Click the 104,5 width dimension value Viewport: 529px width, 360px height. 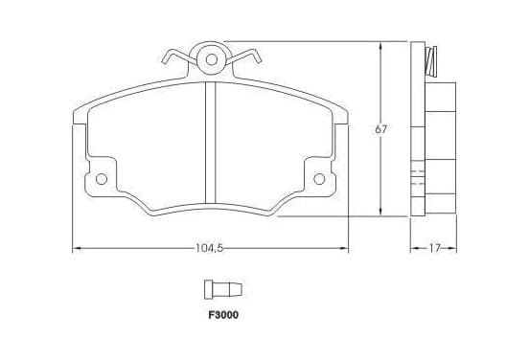[x=209, y=248]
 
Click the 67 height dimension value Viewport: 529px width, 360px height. [x=381, y=129]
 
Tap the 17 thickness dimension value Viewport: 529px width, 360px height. [x=434, y=248]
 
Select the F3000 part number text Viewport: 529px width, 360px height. [x=223, y=315]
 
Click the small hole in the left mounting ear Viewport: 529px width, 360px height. [x=102, y=179]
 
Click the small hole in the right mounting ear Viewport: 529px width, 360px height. [x=319, y=179]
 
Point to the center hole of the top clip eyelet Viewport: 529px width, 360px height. [x=212, y=59]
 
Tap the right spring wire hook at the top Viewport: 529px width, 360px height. [x=245, y=56]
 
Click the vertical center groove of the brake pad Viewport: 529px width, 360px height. [x=211, y=143]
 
